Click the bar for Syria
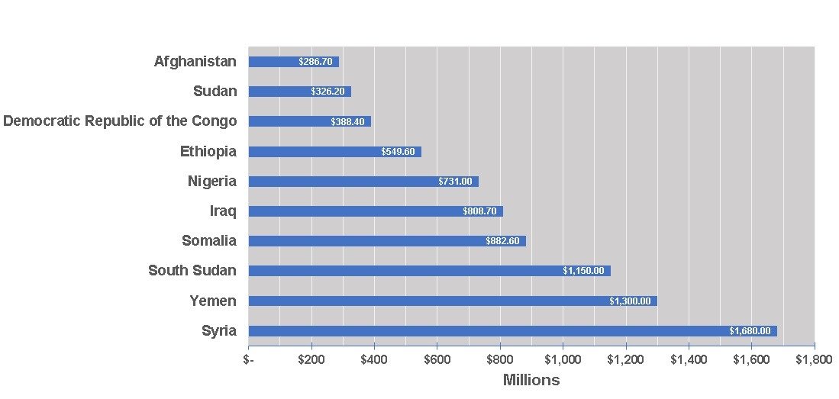tap(512, 331)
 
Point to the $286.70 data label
tap(315, 62)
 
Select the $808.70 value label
tap(479, 211)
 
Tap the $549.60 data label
tap(398, 152)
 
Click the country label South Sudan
tap(192, 271)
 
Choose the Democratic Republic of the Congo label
tap(120, 121)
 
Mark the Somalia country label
tap(209, 241)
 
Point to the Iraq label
tap(223, 211)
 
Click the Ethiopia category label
tap(208, 152)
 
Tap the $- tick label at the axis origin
tap(249, 359)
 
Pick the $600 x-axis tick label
tap(437, 359)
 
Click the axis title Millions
tap(531, 380)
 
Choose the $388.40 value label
tap(347, 122)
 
